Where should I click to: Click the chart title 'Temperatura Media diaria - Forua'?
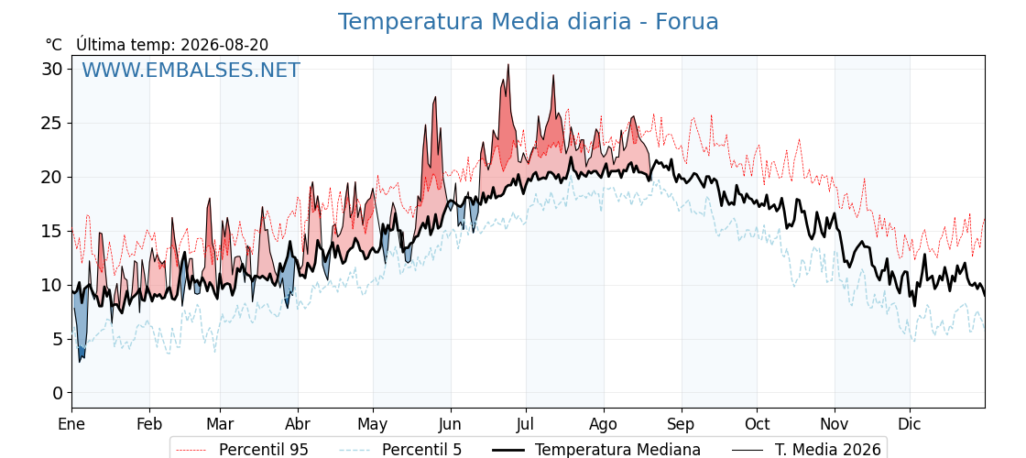528,22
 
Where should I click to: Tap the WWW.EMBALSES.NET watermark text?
191,70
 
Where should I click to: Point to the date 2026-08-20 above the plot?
224,45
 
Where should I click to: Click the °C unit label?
54,45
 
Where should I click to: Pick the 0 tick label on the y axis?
58,393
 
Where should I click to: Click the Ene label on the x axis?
71,424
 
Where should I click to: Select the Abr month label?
298,424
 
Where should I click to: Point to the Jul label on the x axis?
526,424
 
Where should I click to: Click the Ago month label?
604,424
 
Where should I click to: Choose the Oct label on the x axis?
757,424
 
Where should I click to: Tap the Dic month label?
910,424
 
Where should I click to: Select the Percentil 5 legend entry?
401,450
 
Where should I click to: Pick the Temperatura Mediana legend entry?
596,450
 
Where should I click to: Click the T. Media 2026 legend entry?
806,450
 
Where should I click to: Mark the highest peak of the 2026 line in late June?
508,65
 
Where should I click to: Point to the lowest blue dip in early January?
80,361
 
